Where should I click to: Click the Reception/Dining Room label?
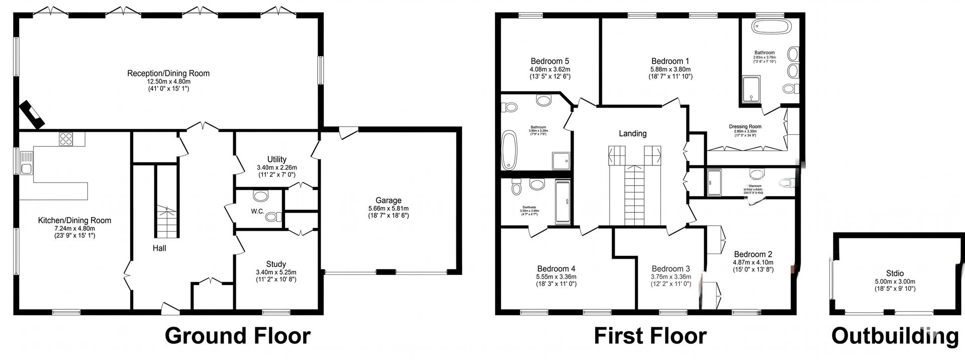[168, 73]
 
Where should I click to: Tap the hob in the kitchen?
[66, 138]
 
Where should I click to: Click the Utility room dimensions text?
[276, 167]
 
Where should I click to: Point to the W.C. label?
[257, 211]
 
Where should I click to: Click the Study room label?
[276, 264]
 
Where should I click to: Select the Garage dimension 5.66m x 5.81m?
[388, 208]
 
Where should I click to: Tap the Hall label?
[159, 248]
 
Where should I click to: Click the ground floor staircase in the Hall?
[166, 221]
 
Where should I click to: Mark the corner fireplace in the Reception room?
[33, 114]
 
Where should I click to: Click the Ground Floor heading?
[237, 335]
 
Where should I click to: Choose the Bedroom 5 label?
[550, 61]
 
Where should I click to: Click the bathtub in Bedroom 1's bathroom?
[771, 27]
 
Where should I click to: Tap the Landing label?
[632, 133]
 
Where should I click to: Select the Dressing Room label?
[745, 127]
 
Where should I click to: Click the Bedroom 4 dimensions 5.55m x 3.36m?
[556, 277]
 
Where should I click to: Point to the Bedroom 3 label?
[670, 268]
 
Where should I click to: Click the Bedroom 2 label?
[753, 254]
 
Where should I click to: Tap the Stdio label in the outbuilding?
[895, 274]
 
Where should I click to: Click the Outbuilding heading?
[895, 335]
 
